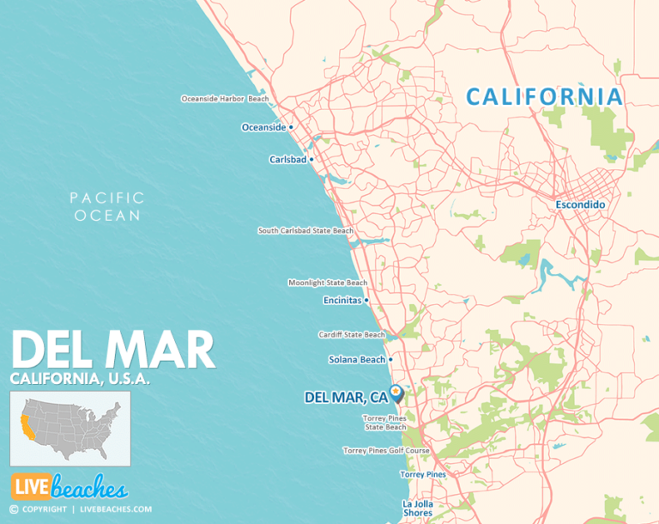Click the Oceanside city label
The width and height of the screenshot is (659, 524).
click(263, 127)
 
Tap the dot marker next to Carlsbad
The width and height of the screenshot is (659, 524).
click(311, 159)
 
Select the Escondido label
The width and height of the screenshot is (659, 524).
click(581, 205)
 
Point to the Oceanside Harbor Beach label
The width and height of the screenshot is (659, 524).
click(225, 99)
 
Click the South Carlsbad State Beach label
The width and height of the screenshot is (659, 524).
click(305, 230)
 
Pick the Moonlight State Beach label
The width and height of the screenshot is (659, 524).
click(328, 283)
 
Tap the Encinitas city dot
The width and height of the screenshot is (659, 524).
click(367, 301)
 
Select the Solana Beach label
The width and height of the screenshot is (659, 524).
click(357, 360)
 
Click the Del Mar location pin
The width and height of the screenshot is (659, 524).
click(396, 393)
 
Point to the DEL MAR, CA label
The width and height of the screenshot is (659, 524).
click(346, 398)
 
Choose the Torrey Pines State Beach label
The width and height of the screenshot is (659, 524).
click(384, 423)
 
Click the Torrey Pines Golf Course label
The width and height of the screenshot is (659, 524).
click(384, 450)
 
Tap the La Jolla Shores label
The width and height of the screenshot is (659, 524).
click(418, 509)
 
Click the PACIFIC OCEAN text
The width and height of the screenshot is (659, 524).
click(107, 207)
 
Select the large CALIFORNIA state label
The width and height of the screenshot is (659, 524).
click(544, 96)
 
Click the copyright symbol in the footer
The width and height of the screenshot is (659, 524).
click(15, 509)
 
